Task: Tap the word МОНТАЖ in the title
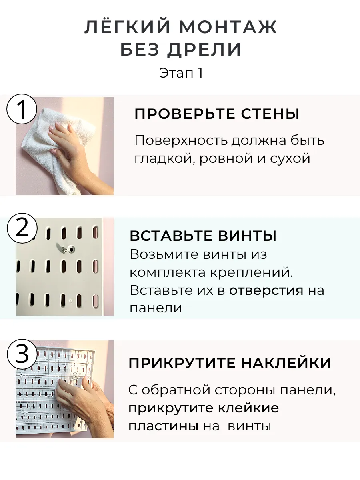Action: point(228,27)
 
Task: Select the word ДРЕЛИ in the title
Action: point(204,50)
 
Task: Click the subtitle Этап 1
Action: point(181,73)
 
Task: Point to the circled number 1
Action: point(22,109)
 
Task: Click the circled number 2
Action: point(22,228)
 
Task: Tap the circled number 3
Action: point(22,354)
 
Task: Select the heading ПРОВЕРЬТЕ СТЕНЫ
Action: point(217,114)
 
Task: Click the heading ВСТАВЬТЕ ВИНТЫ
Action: point(203,236)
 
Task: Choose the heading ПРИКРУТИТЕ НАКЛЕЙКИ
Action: point(230,363)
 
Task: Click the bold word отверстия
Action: point(266,290)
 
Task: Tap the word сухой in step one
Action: point(290,158)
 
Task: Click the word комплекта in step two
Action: point(168,273)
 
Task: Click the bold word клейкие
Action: point(248,408)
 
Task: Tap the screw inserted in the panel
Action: point(67,249)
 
